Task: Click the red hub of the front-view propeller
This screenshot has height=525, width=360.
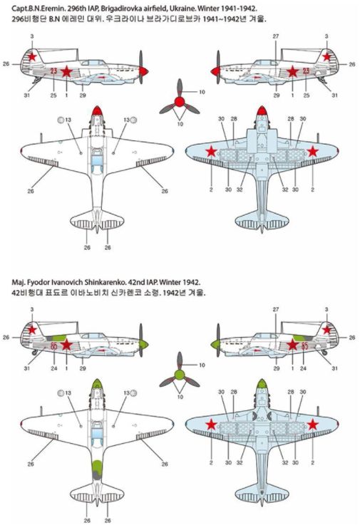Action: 180,102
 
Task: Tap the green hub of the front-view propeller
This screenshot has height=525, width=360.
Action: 180,375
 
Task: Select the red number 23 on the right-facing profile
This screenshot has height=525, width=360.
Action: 53,71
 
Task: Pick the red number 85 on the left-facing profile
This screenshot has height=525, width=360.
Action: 304,345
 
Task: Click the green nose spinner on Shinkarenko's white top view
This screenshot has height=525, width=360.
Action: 97,383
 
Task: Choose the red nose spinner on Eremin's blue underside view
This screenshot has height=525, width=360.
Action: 262,110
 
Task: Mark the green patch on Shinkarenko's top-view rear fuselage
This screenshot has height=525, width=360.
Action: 97,465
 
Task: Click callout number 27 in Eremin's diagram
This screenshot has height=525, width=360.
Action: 276,36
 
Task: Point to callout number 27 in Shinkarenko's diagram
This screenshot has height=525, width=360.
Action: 276,310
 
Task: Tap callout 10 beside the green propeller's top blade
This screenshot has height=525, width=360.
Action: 202,365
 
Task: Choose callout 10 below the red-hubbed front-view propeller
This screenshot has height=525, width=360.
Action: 180,124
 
